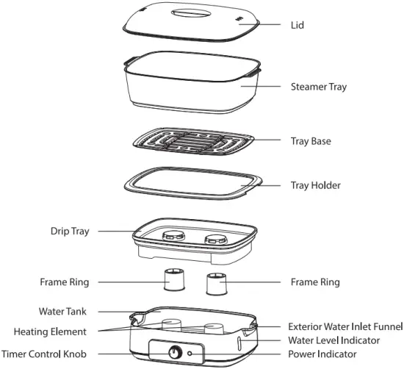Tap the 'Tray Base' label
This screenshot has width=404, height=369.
(309, 140)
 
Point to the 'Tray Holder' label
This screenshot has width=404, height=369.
(314, 185)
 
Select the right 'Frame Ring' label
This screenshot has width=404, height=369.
(314, 282)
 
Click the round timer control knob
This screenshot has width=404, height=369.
(176, 352)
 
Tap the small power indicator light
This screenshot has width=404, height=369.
(192, 353)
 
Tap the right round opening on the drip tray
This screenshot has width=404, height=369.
(215, 237)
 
